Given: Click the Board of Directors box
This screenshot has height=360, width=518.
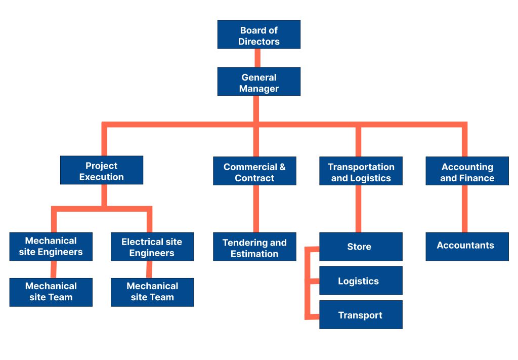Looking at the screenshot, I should click(259, 34).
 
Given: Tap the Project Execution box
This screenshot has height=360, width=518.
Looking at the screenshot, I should click(101, 170).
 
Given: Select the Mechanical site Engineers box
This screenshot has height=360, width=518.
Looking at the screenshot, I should click(51, 247).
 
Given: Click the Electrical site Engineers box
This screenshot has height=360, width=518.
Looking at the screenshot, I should click(152, 247).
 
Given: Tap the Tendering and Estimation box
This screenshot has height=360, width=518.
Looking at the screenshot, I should click(254, 247).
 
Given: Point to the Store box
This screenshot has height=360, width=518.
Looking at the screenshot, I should click(361, 247).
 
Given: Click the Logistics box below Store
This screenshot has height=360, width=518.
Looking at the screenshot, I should click(361, 281).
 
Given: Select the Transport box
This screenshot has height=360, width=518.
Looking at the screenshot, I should click(361, 315).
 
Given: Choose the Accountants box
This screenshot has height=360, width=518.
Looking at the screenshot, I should click(467, 247).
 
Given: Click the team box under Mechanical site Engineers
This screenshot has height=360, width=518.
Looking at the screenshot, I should click(51, 292).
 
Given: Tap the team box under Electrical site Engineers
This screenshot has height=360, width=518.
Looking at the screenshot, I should click(152, 292).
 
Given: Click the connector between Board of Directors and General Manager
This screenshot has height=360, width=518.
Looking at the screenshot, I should click(257, 58).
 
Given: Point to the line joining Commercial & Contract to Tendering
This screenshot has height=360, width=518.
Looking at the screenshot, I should click(256, 209).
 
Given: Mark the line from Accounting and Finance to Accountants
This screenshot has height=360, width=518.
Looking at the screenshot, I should click(464, 209).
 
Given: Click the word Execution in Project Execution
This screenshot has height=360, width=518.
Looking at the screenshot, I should click(101, 177).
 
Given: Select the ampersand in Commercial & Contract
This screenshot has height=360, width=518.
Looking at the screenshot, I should click(282, 167).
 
